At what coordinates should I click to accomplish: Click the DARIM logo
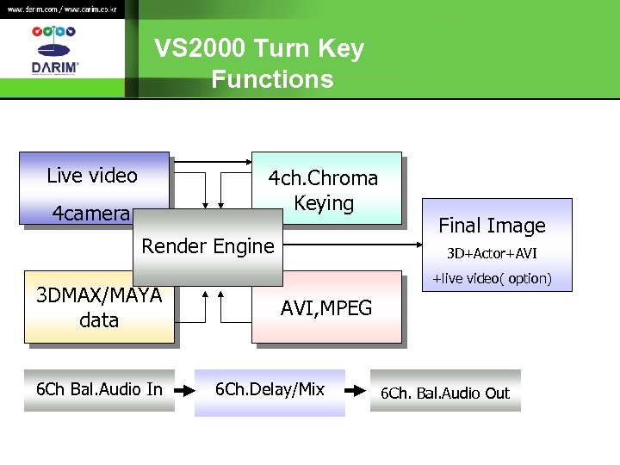coord(54,52)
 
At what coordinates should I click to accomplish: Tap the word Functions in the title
coord(272,79)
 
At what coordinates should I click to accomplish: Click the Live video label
coord(92,176)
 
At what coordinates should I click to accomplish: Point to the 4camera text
coord(90,214)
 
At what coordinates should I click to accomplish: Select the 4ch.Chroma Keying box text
coord(324,190)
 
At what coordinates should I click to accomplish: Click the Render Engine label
coord(208,246)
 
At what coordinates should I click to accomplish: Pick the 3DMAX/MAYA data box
coord(99,308)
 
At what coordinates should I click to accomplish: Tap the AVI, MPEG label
coord(326,308)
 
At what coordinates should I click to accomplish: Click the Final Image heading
coord(492,226)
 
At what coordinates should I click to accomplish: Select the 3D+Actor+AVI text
coord(491,254)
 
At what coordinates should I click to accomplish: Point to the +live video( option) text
coord(492,278)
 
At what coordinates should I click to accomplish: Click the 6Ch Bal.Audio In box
coord(99,390)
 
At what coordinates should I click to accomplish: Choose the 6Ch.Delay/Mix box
coord(270,390)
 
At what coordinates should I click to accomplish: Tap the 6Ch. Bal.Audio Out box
coord(446,393)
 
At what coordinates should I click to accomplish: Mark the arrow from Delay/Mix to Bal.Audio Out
coord(356,390)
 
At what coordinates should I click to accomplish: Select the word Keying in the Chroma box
coord(324,204)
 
